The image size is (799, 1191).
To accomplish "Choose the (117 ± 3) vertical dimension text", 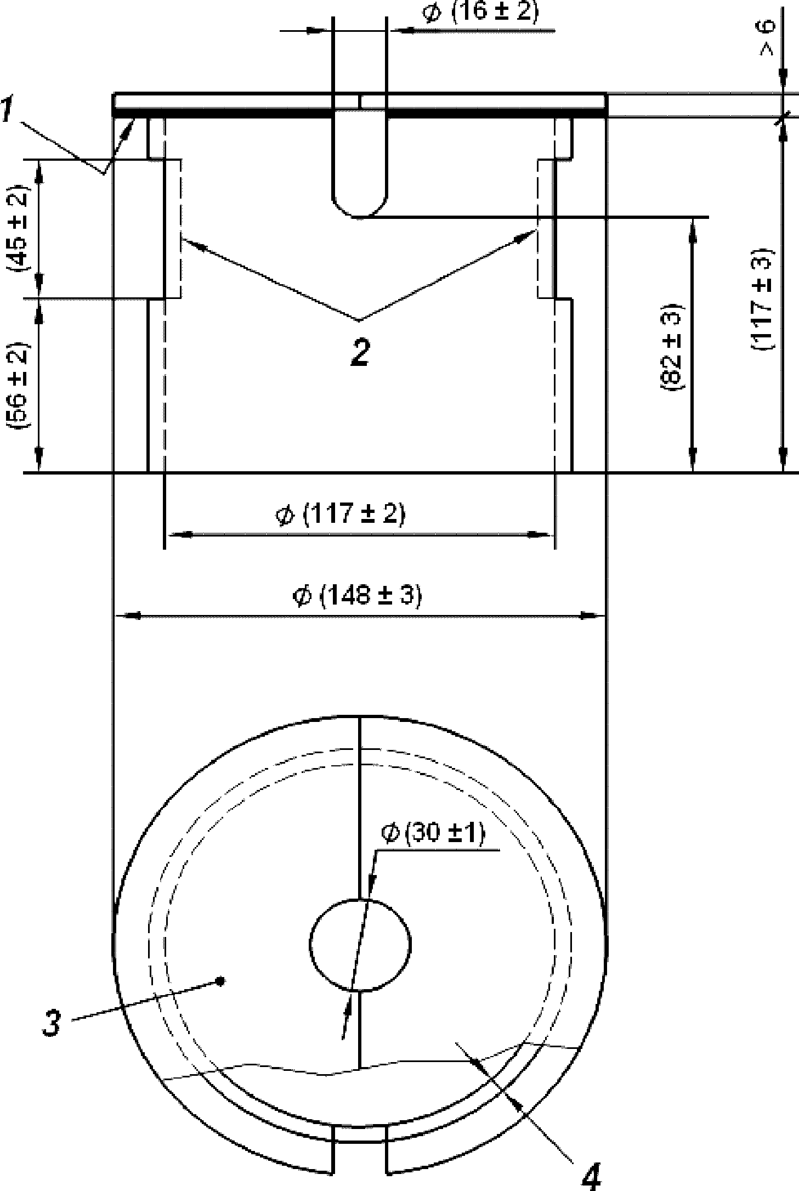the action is pyautogui.click(x=762, y=299).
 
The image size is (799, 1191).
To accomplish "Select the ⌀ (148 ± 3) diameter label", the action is pyautogui.click(x=358, y=596).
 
